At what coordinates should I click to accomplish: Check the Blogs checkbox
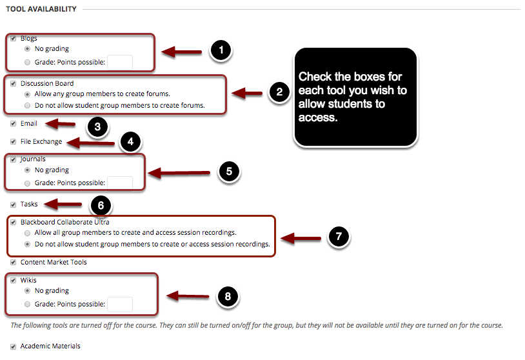tap(13, 39)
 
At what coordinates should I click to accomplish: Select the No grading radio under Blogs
tap(26, 49)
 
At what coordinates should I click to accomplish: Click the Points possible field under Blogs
tap(120, 63)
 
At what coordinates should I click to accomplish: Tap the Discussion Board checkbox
tap(13, 83)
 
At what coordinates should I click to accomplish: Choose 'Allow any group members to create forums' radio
tap(26, 94)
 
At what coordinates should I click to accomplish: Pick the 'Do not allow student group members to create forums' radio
tap(26, 105)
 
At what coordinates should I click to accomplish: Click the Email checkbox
tap(13, 123)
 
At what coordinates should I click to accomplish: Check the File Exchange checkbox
tap(13, 142)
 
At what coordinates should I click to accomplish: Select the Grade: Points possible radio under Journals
tap(26, 183)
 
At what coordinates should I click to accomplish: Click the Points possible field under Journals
tap(120, 183)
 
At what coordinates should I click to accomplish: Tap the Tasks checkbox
tap(13, 205)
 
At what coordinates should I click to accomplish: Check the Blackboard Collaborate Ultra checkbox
tap(13, 223)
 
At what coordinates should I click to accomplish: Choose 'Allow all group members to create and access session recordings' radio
tap(26, 233)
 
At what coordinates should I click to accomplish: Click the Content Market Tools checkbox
tap(13, 263)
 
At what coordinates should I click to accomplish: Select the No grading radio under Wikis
tap(26, 291)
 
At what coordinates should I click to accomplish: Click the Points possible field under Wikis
tap(120, 305)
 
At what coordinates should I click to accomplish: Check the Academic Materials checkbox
tap(13, 346)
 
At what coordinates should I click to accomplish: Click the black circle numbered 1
tap(221, 51)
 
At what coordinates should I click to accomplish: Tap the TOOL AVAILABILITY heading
tap(41, 9)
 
